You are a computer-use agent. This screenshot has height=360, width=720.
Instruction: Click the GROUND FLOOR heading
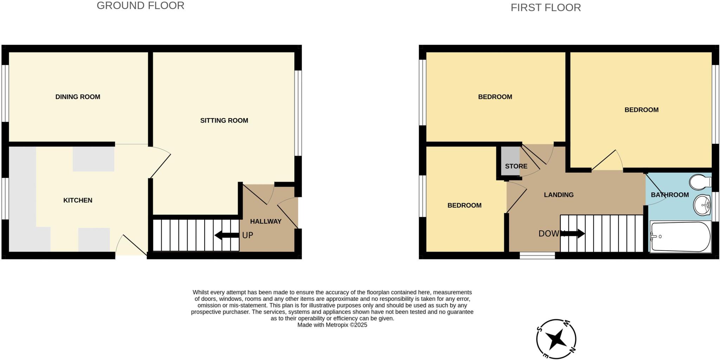click(x=140, y=6)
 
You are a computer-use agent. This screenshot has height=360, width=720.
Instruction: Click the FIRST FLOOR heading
click(x=546, y=7)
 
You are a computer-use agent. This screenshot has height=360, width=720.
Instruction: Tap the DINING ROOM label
click(x=78, y=97)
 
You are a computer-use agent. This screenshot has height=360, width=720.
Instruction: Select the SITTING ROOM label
click(x=224, y=121)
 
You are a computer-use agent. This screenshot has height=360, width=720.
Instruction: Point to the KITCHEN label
click(x=78, y=200)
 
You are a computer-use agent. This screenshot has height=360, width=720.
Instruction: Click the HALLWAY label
click(x=266, y=221)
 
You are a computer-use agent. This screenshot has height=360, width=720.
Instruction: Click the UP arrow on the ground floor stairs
click(x=227, y=235)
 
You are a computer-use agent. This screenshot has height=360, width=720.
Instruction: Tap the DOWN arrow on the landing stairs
click(x=573, y=233)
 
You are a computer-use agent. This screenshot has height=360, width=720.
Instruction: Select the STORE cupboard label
click(x=516, y=166)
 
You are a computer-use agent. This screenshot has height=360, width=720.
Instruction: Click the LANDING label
click(x=559, y=195)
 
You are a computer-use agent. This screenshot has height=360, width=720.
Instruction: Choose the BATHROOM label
click(x=670, y=195)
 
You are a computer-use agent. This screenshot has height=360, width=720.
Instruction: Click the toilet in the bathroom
click(x=700, y=182)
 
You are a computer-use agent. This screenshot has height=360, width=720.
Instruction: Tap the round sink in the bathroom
click(x=702, y=205)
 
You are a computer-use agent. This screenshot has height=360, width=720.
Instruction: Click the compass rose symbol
click(x=556, y=339)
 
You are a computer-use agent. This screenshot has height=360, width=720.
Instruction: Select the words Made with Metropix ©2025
click(x=332, y=325)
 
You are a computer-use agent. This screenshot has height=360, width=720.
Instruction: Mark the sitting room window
click(x=298, y=113)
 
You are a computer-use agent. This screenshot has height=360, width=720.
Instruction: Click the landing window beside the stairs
click(x=537, y=256)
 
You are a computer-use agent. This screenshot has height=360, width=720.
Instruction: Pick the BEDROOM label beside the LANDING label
click(x=464, y=205)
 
